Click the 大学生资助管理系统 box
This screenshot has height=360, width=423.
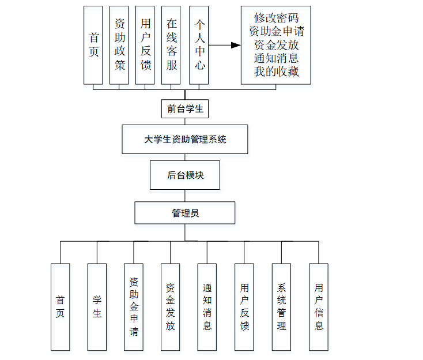185,139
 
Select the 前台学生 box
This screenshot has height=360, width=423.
185,108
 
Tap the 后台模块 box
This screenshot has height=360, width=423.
185,175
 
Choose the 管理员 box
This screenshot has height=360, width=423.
185,213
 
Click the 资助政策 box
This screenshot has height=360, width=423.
119,45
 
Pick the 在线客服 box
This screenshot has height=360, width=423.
172,45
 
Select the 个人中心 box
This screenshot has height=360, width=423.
198,45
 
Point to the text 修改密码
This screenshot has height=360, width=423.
276,17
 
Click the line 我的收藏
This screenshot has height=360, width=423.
276,72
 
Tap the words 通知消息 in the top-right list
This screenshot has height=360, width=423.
276,58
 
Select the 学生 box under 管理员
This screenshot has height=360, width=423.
97,307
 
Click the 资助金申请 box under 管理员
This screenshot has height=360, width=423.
134,307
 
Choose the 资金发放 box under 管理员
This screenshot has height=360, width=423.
171,307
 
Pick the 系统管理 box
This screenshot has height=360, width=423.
281,307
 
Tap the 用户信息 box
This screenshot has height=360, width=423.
319,307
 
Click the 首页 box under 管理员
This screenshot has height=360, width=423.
60,307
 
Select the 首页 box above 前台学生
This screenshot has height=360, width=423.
93,45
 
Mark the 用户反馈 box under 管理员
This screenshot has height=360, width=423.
244,307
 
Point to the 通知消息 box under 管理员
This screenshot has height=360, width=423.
207,307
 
